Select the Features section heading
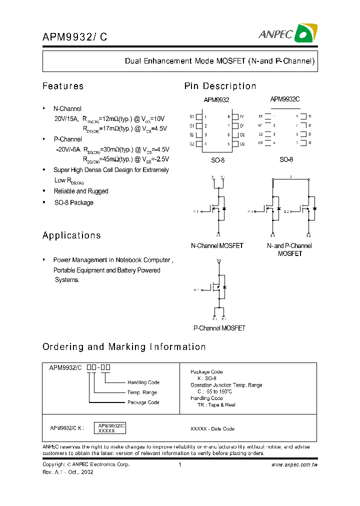[63, 86]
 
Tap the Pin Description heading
[220, 86]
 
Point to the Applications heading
[71, 235]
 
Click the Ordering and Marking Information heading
[124, 346]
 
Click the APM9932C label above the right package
[284, 99]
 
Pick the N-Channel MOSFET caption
[217, 245]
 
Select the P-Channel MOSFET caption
[219, 328]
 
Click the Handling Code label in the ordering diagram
[143, 382]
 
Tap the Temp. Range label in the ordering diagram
[142, 392]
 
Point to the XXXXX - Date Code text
[212, 428]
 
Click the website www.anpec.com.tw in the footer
[294, 464]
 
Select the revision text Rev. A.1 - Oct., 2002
[67, 471]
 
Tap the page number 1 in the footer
[179, 464]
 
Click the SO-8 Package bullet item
[73, 202]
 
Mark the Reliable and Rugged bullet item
[80, 191]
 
